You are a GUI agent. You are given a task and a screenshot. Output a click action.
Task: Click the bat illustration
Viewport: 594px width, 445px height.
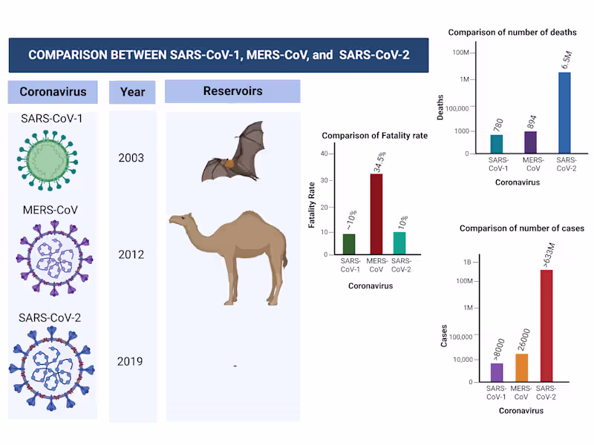coord(234,154)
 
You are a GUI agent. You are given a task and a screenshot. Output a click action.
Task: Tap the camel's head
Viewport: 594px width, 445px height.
coord(178,220)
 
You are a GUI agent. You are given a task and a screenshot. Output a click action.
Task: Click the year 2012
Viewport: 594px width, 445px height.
coord(131,254)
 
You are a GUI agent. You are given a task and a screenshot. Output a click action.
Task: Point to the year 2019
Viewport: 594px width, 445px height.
coord(130,362)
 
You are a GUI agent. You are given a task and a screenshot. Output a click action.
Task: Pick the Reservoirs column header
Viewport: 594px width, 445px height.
coord(232,91)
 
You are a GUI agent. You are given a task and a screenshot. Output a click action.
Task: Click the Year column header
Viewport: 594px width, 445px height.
coord(132,92)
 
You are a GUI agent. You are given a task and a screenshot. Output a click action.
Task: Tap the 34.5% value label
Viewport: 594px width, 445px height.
coord(379,162)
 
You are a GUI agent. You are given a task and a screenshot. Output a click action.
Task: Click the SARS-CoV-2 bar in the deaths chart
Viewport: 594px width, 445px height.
coord(564,113)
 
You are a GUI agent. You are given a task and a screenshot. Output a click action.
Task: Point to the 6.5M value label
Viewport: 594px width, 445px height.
coord(567,58)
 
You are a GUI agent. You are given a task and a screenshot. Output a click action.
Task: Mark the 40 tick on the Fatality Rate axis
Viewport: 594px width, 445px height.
coord(324,154)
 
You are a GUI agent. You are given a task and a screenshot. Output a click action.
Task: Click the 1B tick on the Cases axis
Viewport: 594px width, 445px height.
coord(468,263)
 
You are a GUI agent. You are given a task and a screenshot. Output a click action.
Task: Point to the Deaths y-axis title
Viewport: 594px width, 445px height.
coord(440,108)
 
